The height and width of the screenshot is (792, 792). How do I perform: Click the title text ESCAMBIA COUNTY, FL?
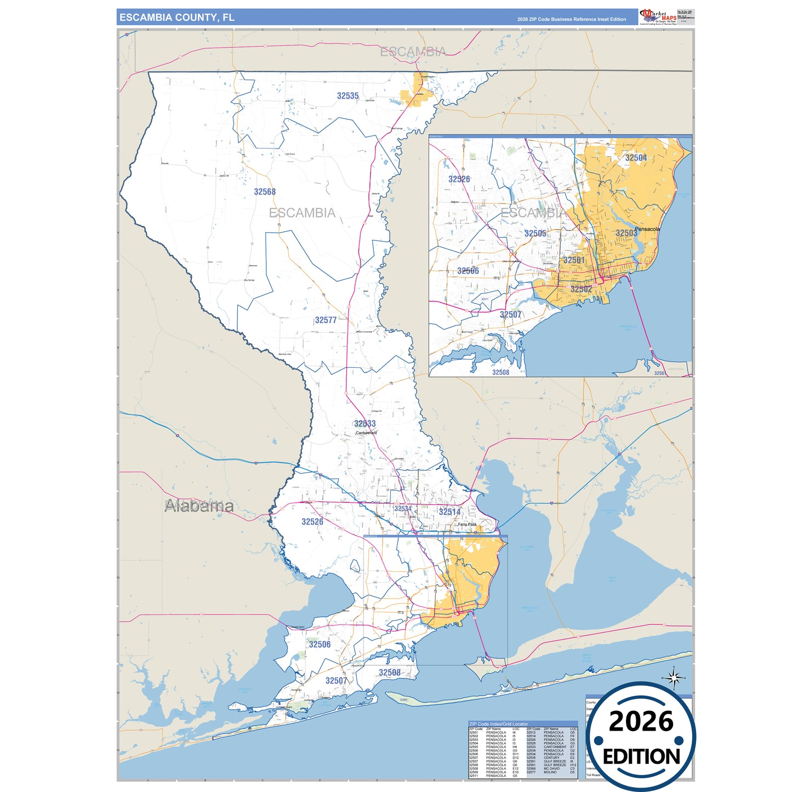(x=176, y=18)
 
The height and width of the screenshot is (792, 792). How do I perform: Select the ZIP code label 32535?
(x=347, y=96)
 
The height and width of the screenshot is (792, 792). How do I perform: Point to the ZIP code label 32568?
(x=265, y=192)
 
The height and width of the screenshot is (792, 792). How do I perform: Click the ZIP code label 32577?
(x=326, y=320)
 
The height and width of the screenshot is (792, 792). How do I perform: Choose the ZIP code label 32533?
(x=364, y=424)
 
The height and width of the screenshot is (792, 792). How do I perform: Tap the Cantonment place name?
(x=366, y=433)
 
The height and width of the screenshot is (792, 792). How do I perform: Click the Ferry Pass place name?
(x=467, y=525)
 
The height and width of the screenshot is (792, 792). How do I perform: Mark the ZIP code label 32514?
(x=449, y=512)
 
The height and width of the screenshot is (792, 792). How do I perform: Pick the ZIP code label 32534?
(x=403, y=509)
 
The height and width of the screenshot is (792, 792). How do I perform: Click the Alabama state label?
(x=199, y=506)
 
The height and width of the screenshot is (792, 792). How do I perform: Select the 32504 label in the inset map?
(x=636, y=158)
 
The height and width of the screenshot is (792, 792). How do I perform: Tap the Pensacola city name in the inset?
(x=647, y=229)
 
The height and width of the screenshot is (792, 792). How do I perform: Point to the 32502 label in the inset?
(x=581, y=289)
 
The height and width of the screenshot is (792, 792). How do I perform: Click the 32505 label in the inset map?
(x=535, y=233)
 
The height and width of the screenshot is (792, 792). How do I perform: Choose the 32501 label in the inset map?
(x=574, y=260)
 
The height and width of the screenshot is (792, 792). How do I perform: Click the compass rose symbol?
(x=674, y=679)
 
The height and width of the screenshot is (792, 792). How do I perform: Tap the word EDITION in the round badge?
(x=641, y=757)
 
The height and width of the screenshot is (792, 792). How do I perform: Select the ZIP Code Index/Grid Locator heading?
(x=498, y=724)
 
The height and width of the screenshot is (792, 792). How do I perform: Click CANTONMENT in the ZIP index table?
(x=555, y=747)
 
